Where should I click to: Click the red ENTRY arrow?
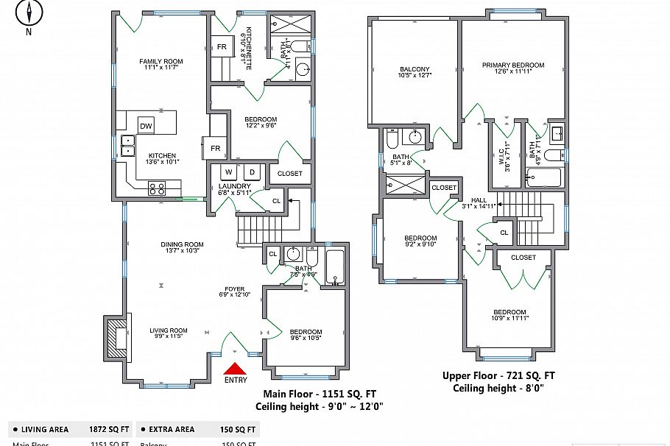pyautogui.click(x=236, y=369)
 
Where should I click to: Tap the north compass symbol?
pyautogui.click(x=29, y=14)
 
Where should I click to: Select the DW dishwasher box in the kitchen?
pyautogui.click(x=146, y=125)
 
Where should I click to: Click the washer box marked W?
pyautogui.click(x=228, y=172)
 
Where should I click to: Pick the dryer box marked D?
pyautogui.click(x=251, y=172)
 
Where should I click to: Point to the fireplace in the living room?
pyautogui.click(x=116, y=337)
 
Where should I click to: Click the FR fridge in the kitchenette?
pyautogui.click(x=222, y=47)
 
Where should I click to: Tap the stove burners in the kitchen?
pyautogui.click(x=157, y=188)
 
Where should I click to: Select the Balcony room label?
pyautogui.click(x=415, y=72)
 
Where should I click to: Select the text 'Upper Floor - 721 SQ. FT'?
pyautogui.click(x=498, y=375)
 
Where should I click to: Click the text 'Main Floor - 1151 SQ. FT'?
pyautogui.click(x=320, y=393)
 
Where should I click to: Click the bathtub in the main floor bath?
pyautogui.click(x=335, y=267)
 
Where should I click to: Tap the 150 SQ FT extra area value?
pyautogui.click(x=239, y=429)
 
